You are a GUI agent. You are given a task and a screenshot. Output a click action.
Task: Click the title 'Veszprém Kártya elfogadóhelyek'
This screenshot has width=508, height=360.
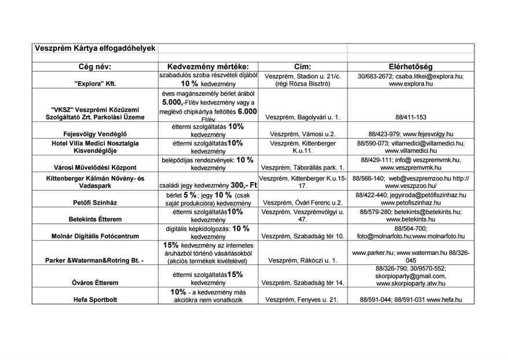(94, 48)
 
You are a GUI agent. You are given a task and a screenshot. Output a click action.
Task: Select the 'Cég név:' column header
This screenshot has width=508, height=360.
(95, 67)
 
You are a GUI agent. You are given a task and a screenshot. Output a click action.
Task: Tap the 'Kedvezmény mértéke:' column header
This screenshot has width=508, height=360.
(207, 67)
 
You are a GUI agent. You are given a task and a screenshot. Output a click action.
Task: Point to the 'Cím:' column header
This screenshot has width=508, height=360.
(302, 67)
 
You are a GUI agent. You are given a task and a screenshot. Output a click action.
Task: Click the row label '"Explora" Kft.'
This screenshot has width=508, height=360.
(95, 83)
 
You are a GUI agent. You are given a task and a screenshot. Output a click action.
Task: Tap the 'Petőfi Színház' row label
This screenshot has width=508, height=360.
(95, 203)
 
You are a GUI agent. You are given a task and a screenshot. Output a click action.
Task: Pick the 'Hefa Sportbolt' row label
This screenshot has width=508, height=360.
(95, 300)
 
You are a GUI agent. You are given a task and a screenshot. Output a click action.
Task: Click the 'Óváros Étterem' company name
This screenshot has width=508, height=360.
(95, 283)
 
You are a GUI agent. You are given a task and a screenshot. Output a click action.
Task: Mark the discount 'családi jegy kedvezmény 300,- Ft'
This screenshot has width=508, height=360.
(207, 185)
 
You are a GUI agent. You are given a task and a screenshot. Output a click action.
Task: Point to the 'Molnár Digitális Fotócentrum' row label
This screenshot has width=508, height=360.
(95, 237)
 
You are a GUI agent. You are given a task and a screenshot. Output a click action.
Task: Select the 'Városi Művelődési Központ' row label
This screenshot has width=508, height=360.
(95, 168)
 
